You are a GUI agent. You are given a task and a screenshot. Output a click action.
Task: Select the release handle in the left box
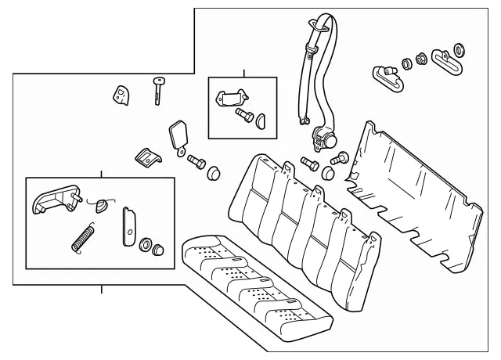(55, 200)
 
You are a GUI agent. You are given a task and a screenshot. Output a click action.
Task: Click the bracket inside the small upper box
(230, 99)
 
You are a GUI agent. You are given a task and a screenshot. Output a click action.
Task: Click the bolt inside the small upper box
(244, 117)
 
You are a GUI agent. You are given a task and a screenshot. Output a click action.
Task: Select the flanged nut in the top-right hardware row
(421, 57)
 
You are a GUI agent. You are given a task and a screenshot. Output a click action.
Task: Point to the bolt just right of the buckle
(195, 162)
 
